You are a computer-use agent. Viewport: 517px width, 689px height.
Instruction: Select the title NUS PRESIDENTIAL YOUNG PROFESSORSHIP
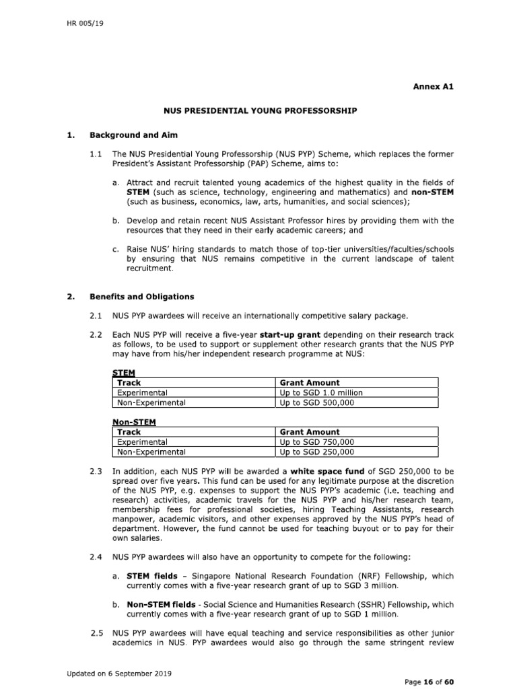(261, 109)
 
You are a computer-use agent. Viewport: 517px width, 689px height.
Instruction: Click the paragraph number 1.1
(96, 155)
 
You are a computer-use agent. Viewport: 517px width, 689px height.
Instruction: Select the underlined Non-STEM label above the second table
(132, 422)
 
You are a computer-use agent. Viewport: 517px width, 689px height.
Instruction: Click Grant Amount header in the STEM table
(310, 382)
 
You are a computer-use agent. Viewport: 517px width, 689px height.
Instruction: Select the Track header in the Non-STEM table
(129, 432)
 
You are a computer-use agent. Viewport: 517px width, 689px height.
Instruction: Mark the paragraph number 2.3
(96, 472)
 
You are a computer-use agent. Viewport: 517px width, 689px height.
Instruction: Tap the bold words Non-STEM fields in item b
(160, 604)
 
